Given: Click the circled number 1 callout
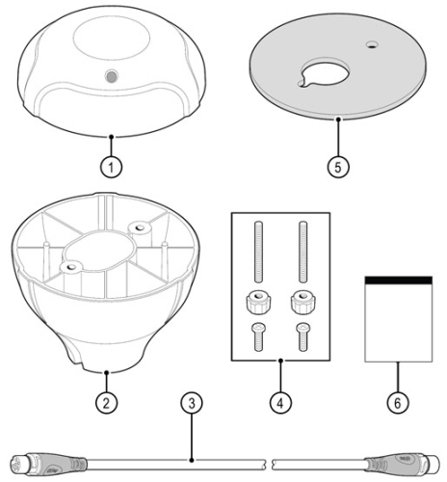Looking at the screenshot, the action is coord(111,167).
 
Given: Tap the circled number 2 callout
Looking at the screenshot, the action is coord(106,403).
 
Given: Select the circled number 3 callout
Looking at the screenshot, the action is coord(192,403).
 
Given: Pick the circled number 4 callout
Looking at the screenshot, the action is coord(280,403).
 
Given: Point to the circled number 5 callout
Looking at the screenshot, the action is coord(338,167).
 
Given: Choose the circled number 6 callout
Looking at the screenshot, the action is coord(398,403).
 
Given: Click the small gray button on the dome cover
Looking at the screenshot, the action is coord(112,76).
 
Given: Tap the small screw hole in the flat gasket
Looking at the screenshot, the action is coord(373,44).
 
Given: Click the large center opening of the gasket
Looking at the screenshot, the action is coord(325,73).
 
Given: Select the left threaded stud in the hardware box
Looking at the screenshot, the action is coord(258,252).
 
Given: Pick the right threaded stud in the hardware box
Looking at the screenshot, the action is coord(302,252).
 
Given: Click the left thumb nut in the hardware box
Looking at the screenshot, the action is coord(258,303).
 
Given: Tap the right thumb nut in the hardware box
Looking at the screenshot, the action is coord(303,303).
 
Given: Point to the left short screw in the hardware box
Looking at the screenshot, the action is coord(259,336).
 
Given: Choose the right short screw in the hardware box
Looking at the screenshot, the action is coord(302,336).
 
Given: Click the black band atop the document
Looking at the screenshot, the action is coord(399,280).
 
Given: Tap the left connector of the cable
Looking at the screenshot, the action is coord(49,464).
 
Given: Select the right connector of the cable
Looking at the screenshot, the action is coord(404,463).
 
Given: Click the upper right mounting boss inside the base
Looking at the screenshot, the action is coord(140,228).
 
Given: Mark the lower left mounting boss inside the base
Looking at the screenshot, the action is coord(71,267).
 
